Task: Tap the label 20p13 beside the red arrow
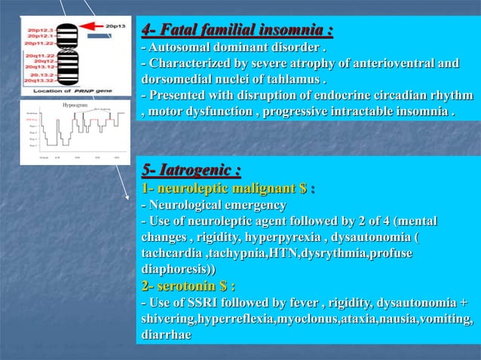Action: pyautogui.click(x=115, y=25)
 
